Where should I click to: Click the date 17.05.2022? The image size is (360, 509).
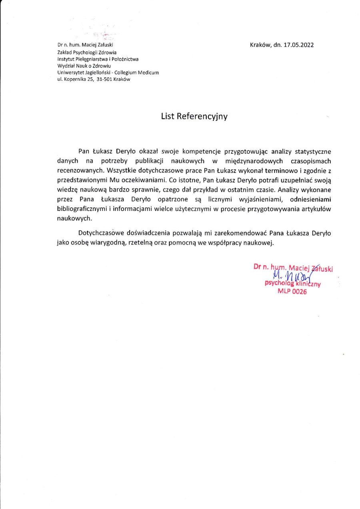click(298, 45)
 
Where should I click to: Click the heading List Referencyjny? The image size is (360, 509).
click(194, 116)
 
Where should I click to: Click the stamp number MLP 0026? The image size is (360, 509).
click(292, 292)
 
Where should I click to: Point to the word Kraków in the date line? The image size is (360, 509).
click(260, 45)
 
